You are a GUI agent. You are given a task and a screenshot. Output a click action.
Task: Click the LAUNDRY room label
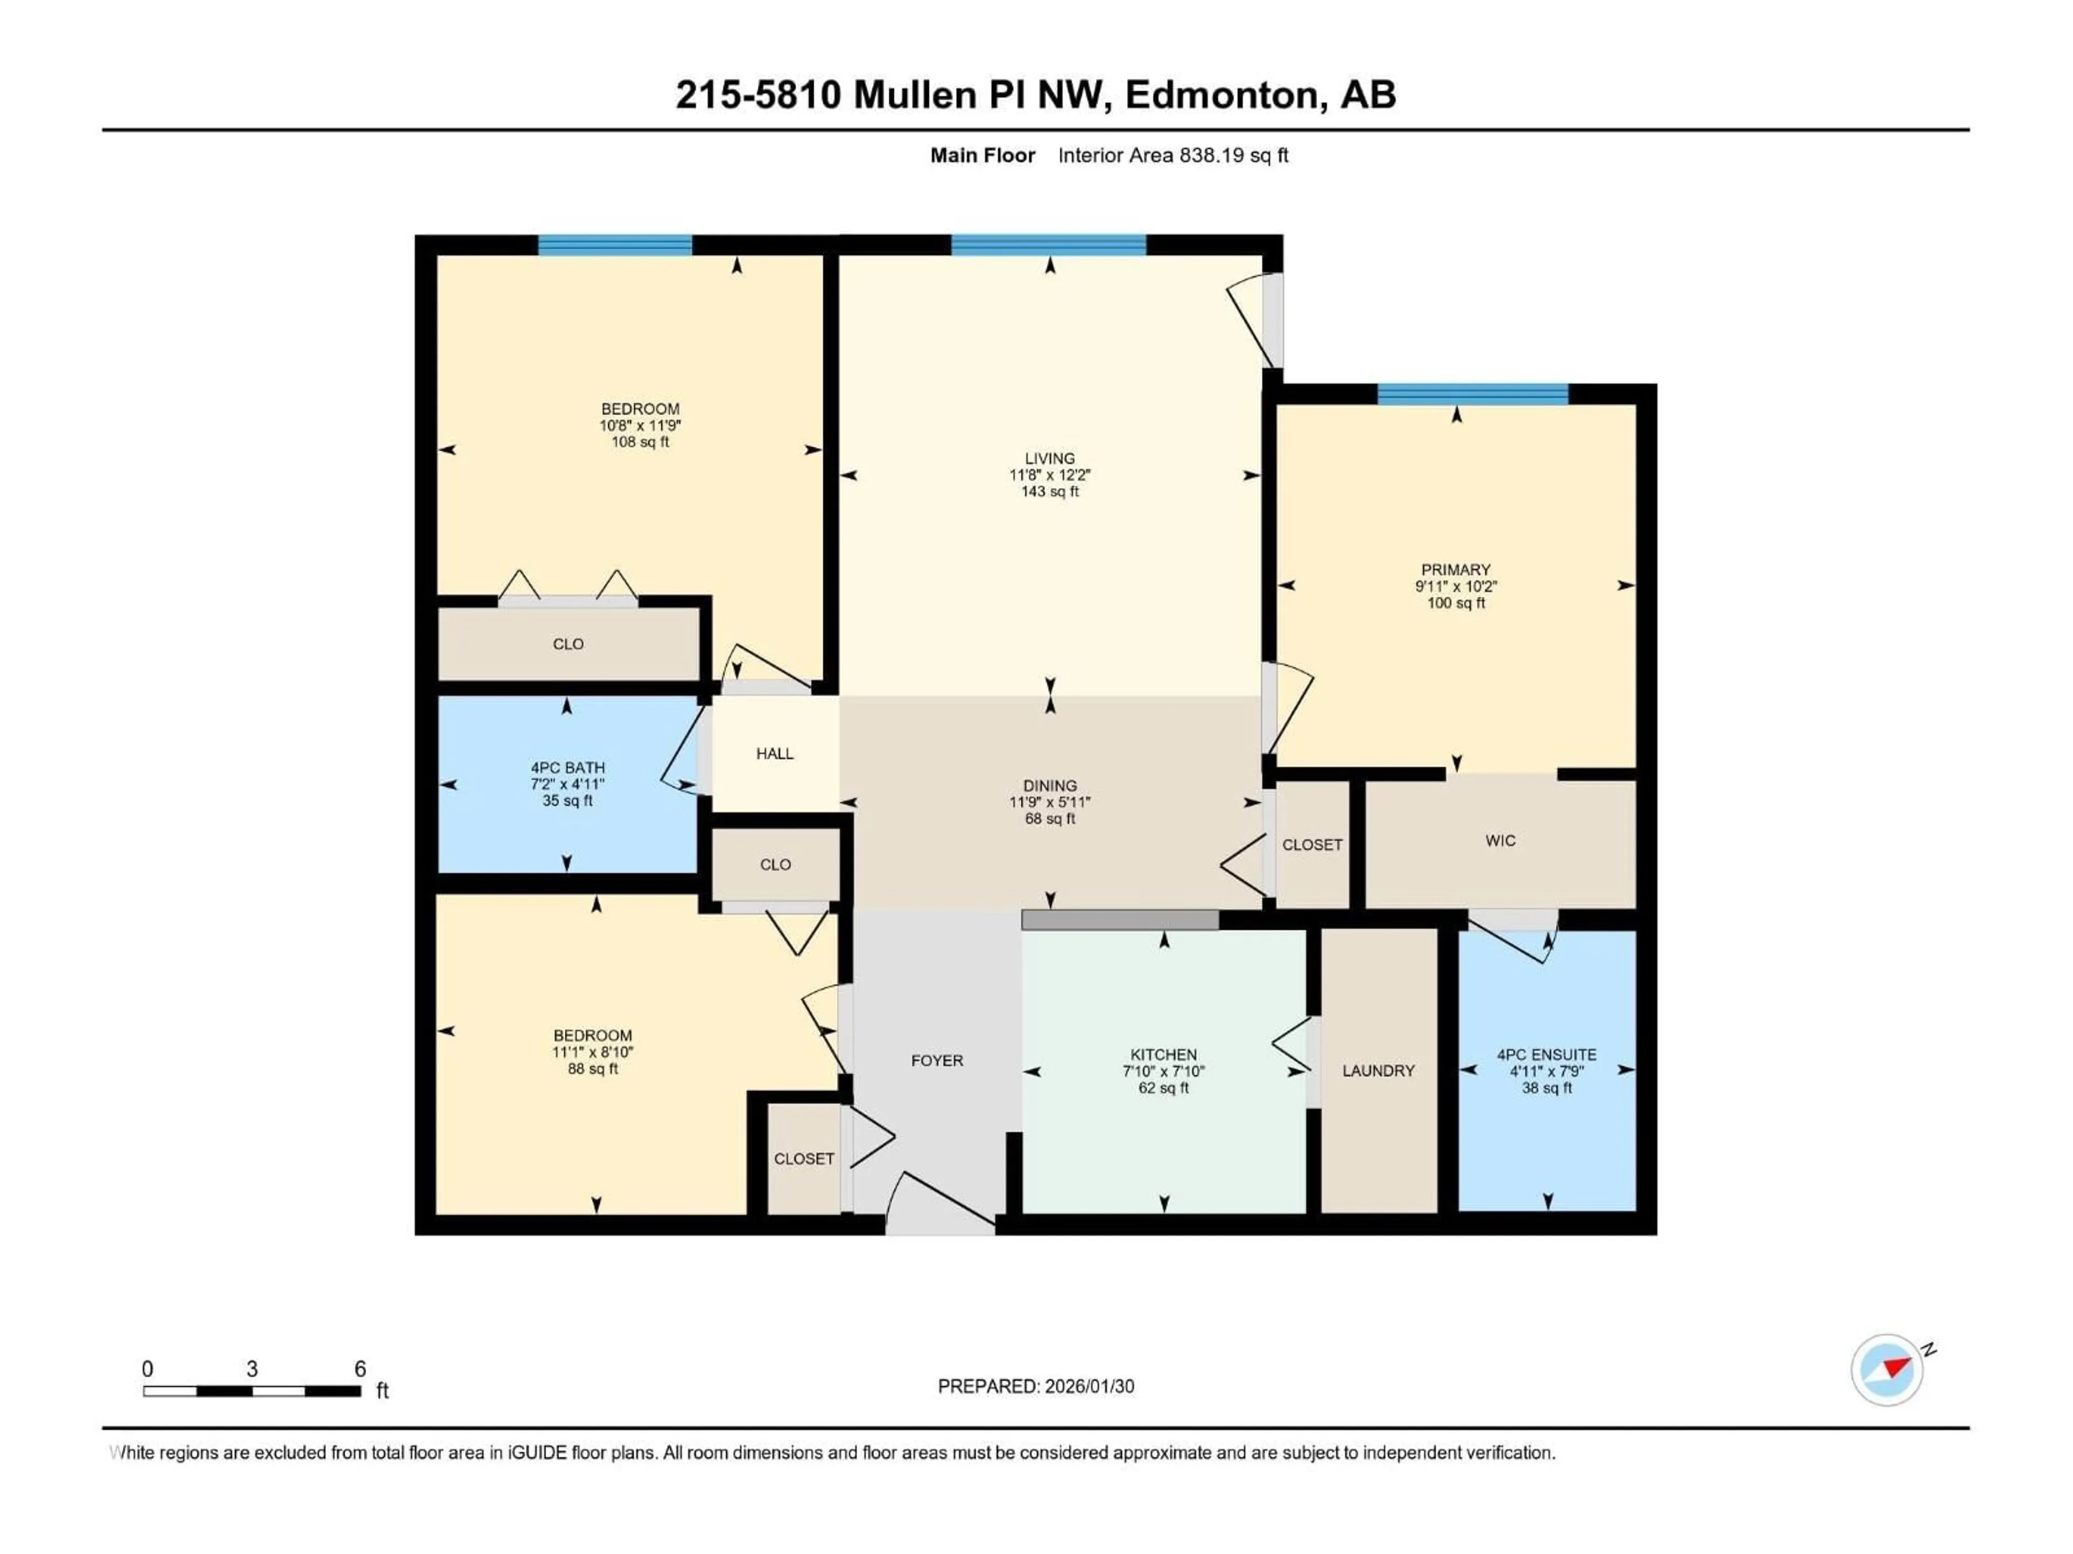(1378, 1071)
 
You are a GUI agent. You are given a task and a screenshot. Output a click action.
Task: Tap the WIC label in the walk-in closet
(1500, 841)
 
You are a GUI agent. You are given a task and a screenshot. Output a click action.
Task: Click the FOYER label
(936, 1060)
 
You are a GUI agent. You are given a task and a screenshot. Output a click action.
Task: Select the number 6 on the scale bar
(360, 1368)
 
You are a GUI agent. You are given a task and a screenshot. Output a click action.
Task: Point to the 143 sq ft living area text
(1049, 492)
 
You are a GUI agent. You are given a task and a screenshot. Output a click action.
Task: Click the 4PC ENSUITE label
(1546, 1055)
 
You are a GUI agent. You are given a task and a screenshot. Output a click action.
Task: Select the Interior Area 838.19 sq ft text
(1173, 155)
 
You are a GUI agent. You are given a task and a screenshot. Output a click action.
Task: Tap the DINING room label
(1049, 786)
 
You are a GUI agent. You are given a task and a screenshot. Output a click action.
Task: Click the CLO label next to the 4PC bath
(775, 864)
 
